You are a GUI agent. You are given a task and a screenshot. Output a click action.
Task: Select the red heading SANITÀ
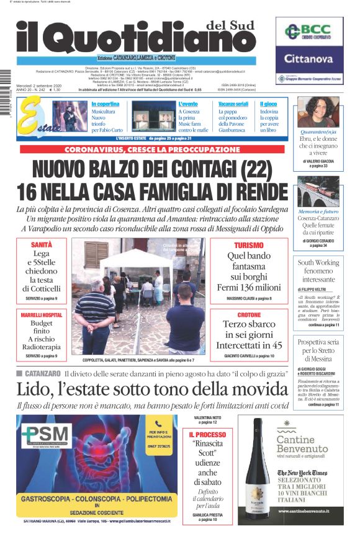pyautogui.click(x=41, y=246)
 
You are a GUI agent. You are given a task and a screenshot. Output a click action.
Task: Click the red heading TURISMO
pyautogui.click(x=245, y=246)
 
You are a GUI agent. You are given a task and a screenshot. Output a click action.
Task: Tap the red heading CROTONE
pyautogui.click(x=250, y=315)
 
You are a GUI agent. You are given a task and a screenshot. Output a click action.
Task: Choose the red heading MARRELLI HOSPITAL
pyautogui.click(x=41, y=315)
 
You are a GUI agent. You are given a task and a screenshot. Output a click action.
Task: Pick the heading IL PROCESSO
pyautogui.click(x=207, y=435)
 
